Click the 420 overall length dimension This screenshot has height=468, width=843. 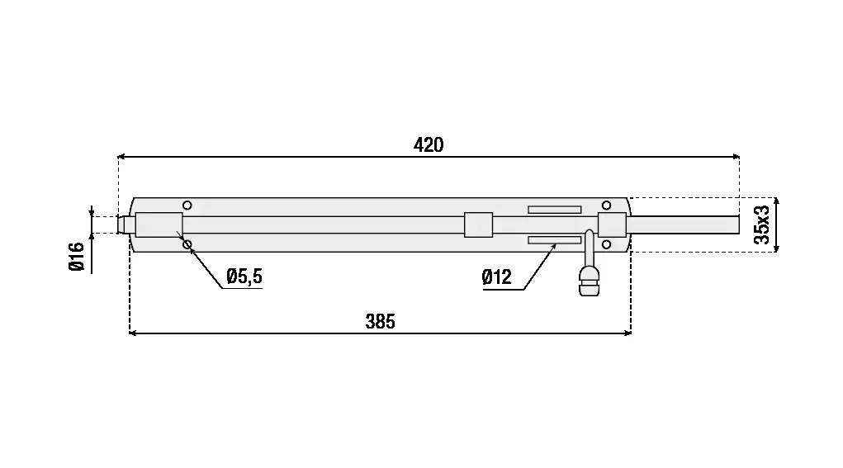(x=429, y=145)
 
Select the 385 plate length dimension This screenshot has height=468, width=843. (x=380, y=322)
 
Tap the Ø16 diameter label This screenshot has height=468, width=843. (x=77, y=257)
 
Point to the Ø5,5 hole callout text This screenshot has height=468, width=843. (x=244, y=277)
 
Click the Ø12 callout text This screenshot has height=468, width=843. (x=497, y=277)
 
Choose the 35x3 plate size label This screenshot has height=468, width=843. (x=762, y=225)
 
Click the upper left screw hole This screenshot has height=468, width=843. (x=187, y=206)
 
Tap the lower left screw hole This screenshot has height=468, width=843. (x=187, y=244)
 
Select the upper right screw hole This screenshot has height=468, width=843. (x=606, y=206)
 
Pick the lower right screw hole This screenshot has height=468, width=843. (x=606, y=244)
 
